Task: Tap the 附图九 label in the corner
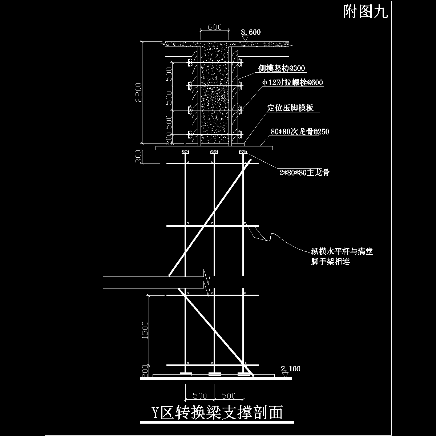[x=366, y=13]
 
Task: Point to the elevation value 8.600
[x=251, y=32]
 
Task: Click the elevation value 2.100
[x=291, y=369]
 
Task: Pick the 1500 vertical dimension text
[x=145, y=330]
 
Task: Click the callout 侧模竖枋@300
[x=281, y=68]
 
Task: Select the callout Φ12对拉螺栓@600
[x=292, y=82]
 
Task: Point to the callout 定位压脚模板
[x=290, y=108]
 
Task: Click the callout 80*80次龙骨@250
[x=300, y=132]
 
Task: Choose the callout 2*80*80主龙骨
[x=304, y=173]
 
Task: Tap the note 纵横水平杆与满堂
[x=342, y=251]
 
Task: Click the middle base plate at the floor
[x=214, y=374]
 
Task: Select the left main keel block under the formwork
[x=185, y=152]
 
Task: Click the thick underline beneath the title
[x=217, y=422]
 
